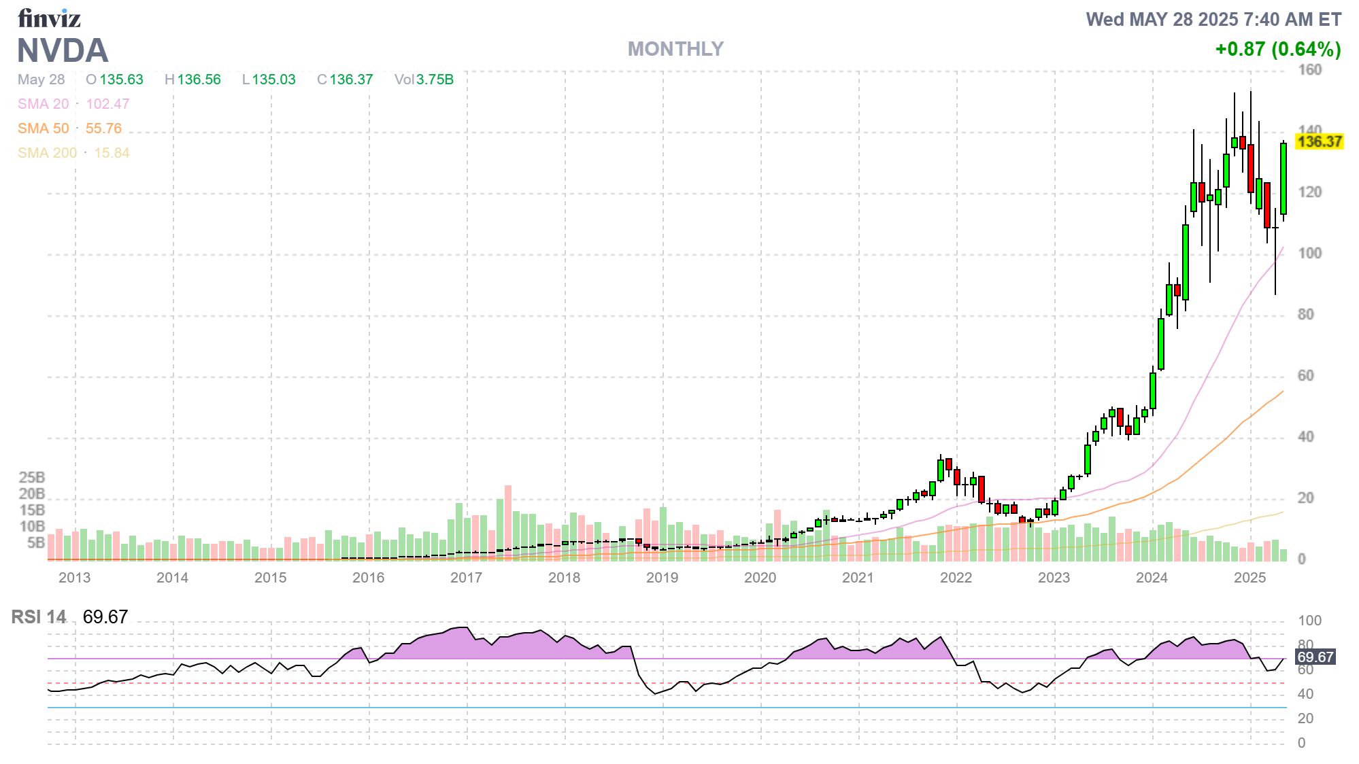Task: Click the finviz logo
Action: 49,18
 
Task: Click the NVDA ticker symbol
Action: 63,51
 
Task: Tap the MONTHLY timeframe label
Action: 675,49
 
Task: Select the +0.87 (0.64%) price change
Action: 1277,49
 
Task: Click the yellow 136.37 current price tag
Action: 1319,141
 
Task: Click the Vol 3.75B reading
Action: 424,80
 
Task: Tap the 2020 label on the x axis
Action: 760,578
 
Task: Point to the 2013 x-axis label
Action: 74,578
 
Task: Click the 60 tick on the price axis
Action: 1305,376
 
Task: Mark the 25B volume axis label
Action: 32,477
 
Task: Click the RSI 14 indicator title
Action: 39,617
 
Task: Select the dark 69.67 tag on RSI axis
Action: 1315,657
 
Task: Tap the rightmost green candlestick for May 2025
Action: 1283,178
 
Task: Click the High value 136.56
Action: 199,80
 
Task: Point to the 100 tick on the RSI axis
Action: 1309,621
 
